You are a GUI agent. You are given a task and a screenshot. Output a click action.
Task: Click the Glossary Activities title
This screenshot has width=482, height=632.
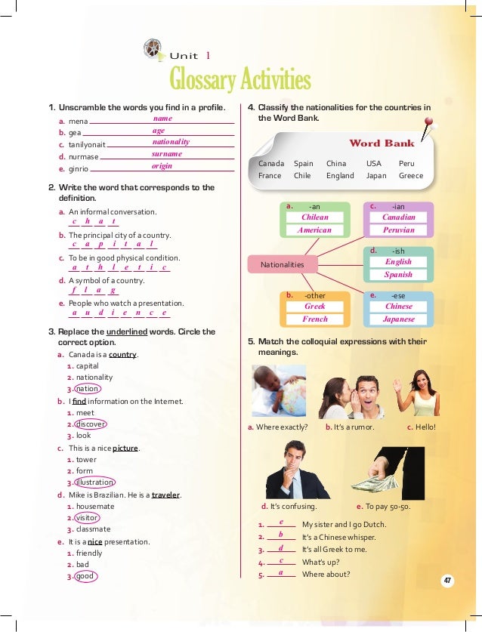pos(240,79)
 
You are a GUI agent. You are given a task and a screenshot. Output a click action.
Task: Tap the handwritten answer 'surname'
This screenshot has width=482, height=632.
pos(166,153)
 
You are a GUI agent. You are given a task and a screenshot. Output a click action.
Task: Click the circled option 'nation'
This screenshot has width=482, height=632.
pos(87,389)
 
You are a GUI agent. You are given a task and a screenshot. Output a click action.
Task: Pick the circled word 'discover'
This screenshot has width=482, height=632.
pos(90,424)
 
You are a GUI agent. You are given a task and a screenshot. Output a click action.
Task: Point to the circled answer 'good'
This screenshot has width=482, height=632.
pos(85,576)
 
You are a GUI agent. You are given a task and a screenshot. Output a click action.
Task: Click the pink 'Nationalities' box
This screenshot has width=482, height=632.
pos(282,264)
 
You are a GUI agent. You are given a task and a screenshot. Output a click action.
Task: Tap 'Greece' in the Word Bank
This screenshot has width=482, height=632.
pos(411,175)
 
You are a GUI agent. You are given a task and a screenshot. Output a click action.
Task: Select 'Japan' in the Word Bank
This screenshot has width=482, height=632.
pos(376,175)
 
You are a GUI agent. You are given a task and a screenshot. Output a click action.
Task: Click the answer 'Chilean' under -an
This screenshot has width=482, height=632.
pos(315,217)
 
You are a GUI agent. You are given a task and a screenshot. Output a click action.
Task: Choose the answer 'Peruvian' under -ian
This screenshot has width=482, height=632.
pos(398,230)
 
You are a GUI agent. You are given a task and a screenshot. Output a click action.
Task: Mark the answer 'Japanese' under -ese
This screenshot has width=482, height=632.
pos(398,319)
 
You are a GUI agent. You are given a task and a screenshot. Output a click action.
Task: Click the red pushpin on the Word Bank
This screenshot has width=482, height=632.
pos(428,125)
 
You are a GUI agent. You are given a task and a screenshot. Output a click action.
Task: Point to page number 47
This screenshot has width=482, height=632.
pos(447,580)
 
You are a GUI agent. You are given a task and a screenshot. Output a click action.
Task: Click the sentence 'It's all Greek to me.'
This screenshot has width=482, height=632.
pos(333,549)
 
